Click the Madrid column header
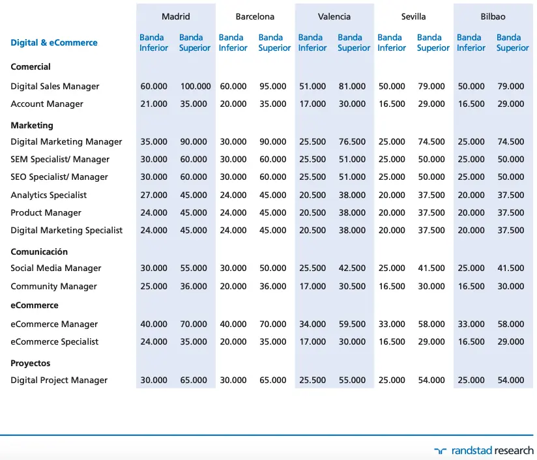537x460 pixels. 176,16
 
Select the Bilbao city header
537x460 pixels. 493,16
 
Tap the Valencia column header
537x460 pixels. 334,16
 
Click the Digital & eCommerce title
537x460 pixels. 54,42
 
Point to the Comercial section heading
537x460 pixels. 31,66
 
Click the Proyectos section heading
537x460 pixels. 31,363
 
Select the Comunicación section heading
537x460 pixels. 39,252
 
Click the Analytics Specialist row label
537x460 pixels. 49,195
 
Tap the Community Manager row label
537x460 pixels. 54,286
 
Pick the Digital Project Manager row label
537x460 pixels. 59,381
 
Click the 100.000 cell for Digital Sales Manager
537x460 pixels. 196,86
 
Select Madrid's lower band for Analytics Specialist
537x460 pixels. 154,195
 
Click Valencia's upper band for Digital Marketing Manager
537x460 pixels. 352,141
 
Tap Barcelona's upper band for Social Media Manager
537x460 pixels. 272,268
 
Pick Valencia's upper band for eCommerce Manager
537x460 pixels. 352,324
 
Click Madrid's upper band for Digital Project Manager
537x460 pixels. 194,381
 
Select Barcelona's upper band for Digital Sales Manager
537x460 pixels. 272,86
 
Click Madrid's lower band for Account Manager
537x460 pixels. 154,104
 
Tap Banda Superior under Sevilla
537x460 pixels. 433,42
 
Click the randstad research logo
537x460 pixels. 484,450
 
